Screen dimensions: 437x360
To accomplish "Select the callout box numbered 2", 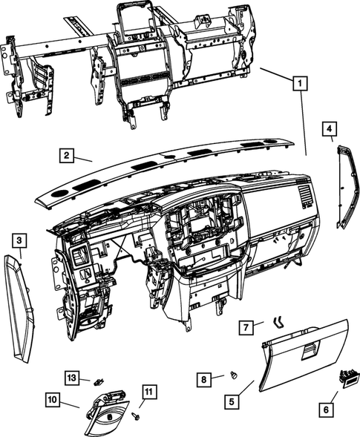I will point(67,155).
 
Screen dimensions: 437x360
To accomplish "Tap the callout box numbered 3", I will point(19,240).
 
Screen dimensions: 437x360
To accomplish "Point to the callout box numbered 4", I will point(329,131).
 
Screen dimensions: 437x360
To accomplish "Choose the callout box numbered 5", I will point(232,401).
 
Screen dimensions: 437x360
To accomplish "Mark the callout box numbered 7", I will point(248,326).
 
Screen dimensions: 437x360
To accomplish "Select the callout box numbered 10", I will point(53,400).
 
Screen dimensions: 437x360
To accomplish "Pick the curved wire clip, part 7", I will point(280,321).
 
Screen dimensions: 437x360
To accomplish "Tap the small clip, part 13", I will point(98,381).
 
